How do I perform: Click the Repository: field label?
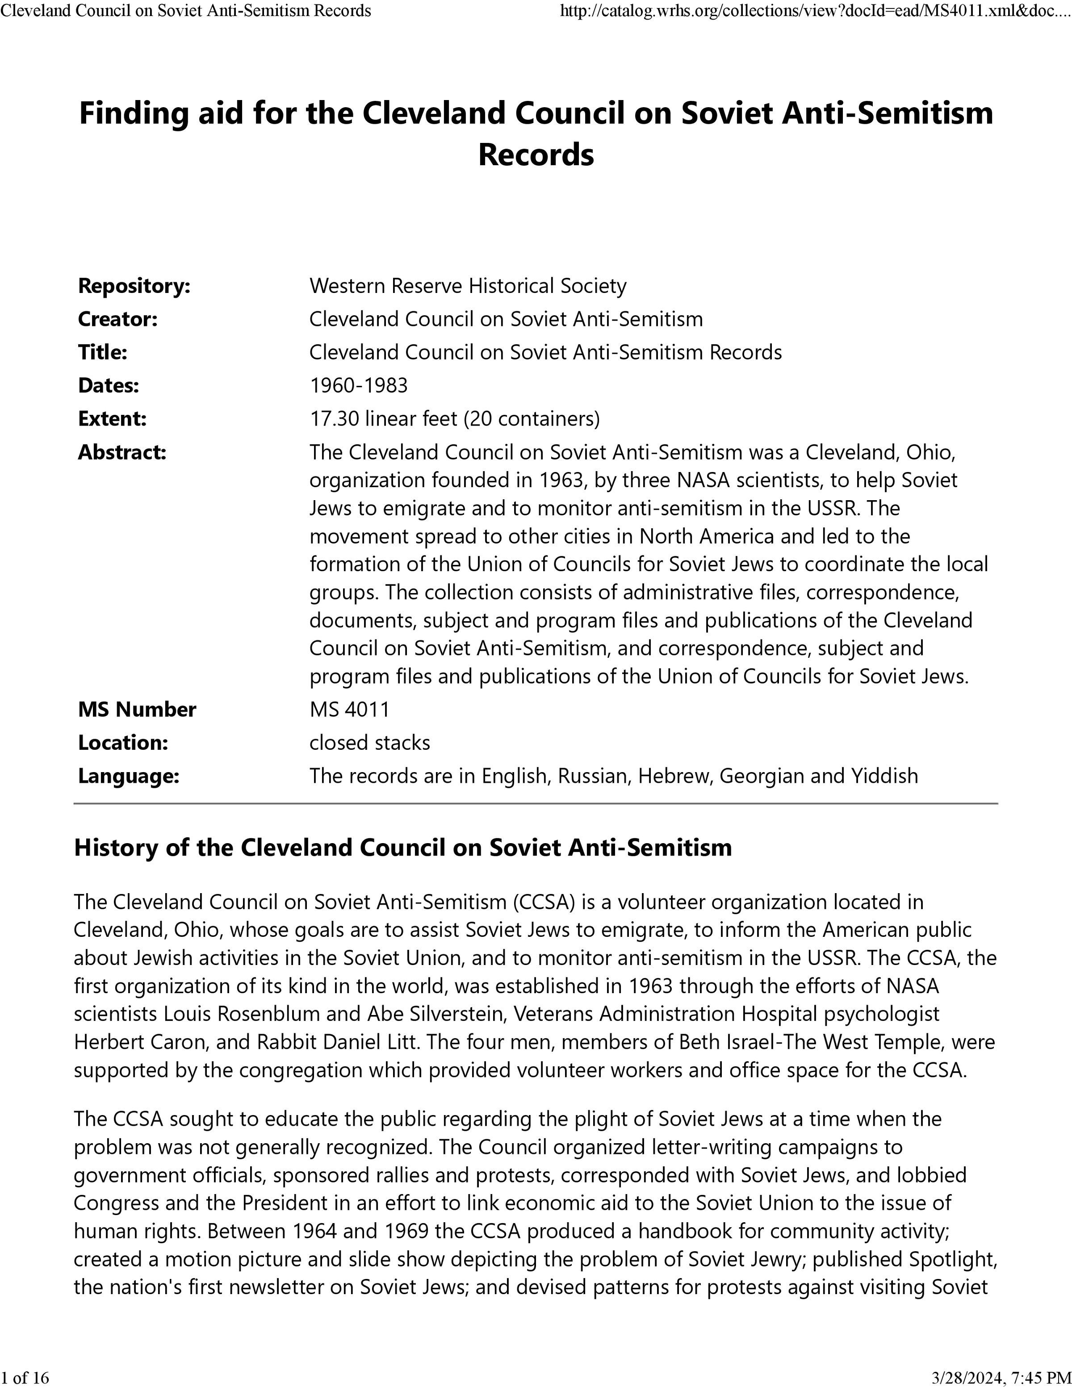point(134,286)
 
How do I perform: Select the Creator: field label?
point(117,319)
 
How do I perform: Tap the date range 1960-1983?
point(358,385)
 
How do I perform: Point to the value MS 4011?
point(349,710)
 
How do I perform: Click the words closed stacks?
point(369,743)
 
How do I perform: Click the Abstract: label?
point(122,453)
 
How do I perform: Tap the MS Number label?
point(137,710)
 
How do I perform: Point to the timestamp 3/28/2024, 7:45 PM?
point(1001,1377)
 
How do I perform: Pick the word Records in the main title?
point(536,155)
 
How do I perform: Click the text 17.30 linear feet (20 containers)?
point(454,419)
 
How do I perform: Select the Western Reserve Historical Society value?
point(467,286)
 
